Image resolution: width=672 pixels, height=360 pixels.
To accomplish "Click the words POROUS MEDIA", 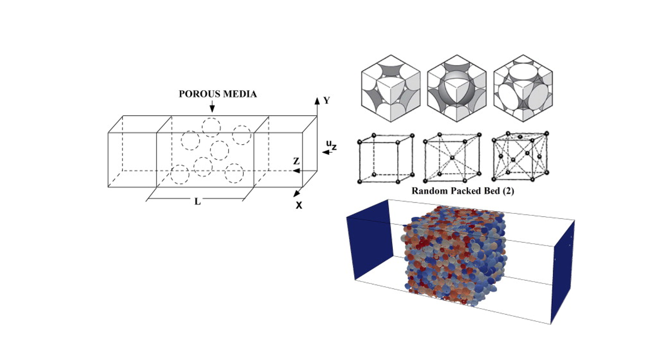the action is coord(218,94).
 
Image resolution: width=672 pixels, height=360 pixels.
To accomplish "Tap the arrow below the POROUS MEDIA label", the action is coord(212,106).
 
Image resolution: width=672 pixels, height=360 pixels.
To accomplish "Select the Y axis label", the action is coord(327,100).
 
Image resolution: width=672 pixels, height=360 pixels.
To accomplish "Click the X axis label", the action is coord(299,205).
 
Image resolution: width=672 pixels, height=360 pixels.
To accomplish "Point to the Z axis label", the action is coord(296,161).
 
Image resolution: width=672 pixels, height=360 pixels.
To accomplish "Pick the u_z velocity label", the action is coord(331,145).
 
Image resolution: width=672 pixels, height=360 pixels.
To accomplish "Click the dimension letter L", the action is coord(197,202).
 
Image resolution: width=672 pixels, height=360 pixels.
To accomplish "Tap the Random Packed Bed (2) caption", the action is coord(462,191).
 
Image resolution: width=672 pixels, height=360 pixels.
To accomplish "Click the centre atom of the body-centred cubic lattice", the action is coord(452,157).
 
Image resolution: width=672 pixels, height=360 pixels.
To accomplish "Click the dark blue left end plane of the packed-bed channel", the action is coord(370,239).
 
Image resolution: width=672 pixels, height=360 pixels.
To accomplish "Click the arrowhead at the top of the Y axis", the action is coord(317,100).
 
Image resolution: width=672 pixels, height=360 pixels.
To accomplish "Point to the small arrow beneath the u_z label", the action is coord(328,153).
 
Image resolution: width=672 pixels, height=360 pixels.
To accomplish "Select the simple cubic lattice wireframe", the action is coord(386,158).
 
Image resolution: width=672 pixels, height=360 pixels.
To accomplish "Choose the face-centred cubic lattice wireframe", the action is coord(520,156).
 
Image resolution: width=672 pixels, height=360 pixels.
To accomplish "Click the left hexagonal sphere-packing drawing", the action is coord(391,88).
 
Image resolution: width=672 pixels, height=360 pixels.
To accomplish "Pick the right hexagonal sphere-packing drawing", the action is coord(523,88).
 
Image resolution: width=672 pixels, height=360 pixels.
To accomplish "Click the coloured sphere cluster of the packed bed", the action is coord(454,257).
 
